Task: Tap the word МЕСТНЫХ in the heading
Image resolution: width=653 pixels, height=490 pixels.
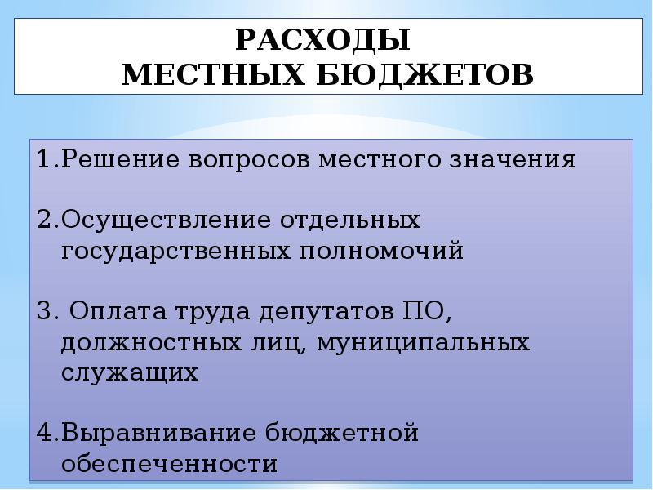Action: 214,75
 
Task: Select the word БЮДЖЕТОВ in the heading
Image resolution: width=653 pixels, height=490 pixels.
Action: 424,76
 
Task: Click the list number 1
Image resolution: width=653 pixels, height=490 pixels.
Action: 46,158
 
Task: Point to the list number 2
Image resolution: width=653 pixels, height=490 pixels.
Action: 46,220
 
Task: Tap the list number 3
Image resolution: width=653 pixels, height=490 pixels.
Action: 46,311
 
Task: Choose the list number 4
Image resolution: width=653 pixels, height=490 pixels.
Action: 46,433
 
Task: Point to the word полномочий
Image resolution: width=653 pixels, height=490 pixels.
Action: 381,251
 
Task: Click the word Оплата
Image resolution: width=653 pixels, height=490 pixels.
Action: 118,311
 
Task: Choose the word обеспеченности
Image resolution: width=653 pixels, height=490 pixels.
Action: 169,463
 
